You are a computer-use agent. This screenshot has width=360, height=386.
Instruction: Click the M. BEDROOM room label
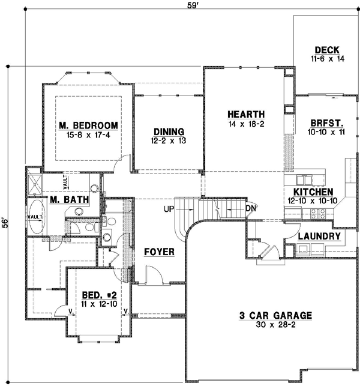[88, 125]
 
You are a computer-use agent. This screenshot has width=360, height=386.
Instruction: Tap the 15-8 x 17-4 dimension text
[88, 135]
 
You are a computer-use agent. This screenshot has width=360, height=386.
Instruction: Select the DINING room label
[168, 131]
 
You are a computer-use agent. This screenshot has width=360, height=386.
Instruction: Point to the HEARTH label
[246, 114]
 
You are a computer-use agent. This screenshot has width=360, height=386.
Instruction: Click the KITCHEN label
[308, 191]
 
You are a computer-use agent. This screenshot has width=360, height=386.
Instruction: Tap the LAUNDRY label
[319, 237]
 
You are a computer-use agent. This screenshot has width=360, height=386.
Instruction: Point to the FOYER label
[159, 252]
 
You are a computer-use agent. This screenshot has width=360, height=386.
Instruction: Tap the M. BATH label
[70, 199]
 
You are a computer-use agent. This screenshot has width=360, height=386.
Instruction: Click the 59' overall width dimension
[191, 7]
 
